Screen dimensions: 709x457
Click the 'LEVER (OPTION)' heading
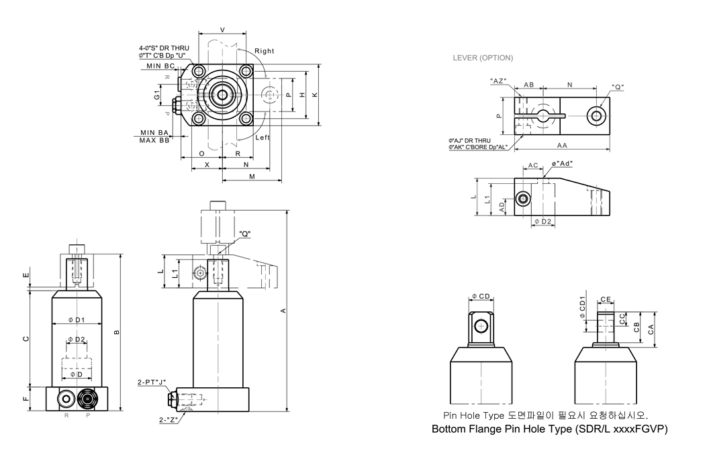coord(483,58)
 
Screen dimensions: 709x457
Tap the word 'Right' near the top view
coord(264,51)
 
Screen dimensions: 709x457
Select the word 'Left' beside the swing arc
coord(263,138)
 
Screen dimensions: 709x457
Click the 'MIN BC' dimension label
coord(160,66)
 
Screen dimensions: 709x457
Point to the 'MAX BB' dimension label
coord(154,140)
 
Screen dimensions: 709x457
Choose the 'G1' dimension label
coord(156,95)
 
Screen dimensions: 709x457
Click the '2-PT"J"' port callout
coord(152,383)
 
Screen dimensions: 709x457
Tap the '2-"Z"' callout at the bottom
coord(168,420)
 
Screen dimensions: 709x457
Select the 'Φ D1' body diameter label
coord(77,320)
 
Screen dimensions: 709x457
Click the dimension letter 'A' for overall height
coord(283,311)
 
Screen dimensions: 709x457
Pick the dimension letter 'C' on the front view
coord(26,339)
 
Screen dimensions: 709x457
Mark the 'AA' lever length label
coord(562,146)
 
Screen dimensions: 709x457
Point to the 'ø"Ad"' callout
coord(562,163)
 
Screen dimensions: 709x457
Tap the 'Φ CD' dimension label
coord(481,297)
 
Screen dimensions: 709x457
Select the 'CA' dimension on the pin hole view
coord(651,329)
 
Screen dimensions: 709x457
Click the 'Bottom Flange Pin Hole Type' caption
coord(502,429)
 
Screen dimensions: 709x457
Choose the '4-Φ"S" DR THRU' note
coord(164,48)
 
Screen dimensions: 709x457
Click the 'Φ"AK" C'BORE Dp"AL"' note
coord(478,148)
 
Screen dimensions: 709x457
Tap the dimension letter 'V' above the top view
coord(222,30)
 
